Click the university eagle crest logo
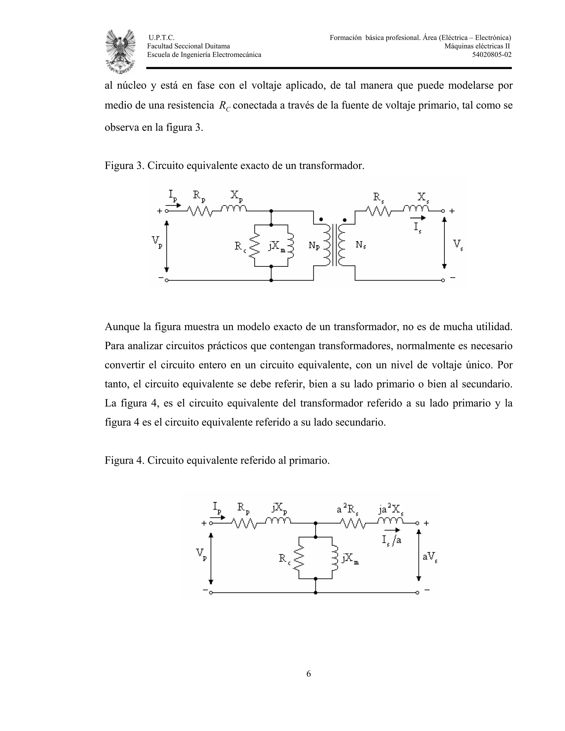(121, 51)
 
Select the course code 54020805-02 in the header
(492, 55)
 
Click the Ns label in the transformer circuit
(361, 245)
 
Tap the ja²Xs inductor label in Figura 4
(391, 509)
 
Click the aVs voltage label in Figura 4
(430, 557)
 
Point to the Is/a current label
(392, 540)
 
